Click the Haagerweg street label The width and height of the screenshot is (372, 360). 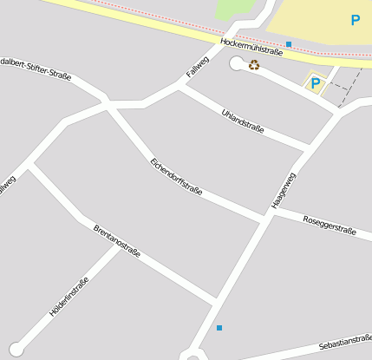[284, 189]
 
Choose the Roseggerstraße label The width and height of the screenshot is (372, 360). [330, 225]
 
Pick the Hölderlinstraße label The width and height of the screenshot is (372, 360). [69, 294]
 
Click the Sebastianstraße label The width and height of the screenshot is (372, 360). [344, 345]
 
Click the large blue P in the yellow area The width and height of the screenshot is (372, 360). [356, 20]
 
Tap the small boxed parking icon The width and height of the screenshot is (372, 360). [315, 83]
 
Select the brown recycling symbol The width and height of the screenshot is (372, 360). [254, 64]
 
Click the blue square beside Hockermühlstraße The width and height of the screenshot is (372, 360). [289, 43]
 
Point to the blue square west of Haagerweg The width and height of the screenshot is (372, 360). [219, 328]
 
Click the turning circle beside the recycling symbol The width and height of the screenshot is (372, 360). [237, 63]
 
